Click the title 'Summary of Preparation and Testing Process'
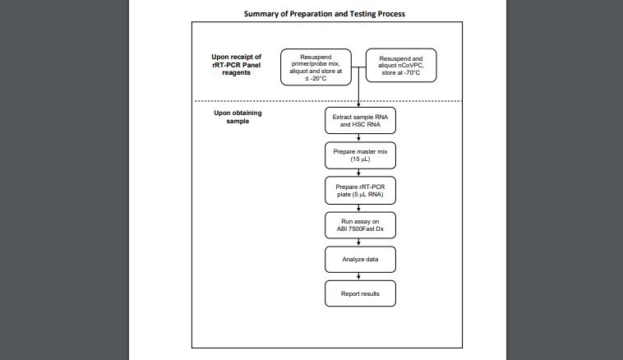[324, 14]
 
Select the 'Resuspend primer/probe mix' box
[316, 67]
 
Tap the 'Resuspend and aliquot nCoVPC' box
[401, 66]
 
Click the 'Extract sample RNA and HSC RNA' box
[360, 120]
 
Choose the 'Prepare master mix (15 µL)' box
[360, 155]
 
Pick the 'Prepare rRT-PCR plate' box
[360, 191]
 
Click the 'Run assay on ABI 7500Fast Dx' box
[360, 225]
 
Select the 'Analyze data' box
[360, 260]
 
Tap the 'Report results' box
[360, 293]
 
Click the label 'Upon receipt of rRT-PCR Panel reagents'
[237, 65]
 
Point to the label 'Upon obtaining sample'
[238, 117]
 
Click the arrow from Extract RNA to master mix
[359, 138]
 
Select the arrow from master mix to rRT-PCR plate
[359, 173]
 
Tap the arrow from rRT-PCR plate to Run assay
[359, 208]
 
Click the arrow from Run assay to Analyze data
[359, 242]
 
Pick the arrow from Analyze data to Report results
[359, 276]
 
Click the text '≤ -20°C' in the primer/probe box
[316, 79]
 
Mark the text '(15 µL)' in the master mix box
[360, 159]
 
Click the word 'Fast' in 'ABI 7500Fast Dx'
[368, 228]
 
